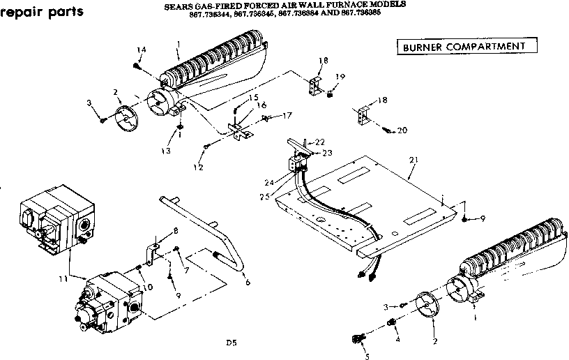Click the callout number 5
click(367, 357)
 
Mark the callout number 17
click(287, 115)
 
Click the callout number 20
click(402, 130)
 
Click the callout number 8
click(175, 231)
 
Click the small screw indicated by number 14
click(137, 65)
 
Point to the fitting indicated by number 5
click(358, 339)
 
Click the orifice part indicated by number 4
click(392, 322)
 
